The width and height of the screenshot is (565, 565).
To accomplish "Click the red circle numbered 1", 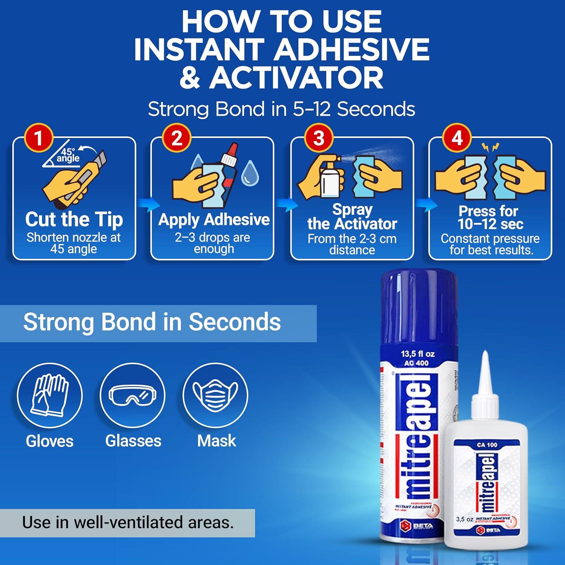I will [38, 138].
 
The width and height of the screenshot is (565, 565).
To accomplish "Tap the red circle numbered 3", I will [319, 138].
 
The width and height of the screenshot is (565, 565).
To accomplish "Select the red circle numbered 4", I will [457, 138].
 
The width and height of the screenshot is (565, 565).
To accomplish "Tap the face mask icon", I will [215, 395].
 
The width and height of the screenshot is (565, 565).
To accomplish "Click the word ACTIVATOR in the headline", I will [296, 78].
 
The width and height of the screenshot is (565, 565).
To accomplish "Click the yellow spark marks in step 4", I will [490, 147].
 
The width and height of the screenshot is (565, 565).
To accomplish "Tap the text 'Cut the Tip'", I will [74, 219].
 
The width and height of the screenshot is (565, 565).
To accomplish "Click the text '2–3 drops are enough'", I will [213, 243].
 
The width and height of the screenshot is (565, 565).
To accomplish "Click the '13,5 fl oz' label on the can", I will [418, 354].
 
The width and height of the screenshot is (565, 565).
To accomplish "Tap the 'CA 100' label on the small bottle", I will [487, 445].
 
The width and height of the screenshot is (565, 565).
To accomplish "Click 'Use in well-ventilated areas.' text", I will [128, 522].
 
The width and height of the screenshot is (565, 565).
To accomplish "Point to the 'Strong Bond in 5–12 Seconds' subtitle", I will [281, 109].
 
